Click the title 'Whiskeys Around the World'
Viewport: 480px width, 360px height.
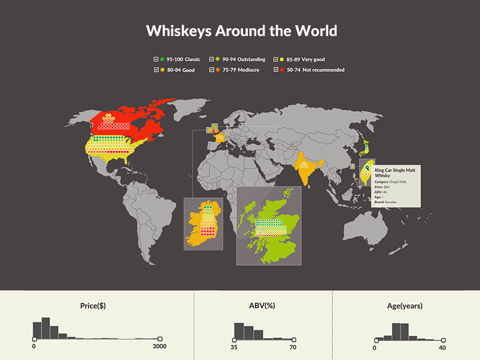242,31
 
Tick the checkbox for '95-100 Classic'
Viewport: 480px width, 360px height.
156,59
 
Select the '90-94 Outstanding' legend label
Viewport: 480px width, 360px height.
244,59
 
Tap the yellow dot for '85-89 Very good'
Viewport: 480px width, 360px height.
282,59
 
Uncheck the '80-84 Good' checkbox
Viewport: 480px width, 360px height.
156,70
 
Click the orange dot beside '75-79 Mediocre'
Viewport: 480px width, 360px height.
218,70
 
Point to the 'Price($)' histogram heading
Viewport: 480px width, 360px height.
93,306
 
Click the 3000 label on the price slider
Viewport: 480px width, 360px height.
159,347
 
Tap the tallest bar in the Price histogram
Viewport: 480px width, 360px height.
46,327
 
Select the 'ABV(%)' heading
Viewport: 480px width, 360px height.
262,306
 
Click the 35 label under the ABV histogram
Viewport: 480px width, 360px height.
235,347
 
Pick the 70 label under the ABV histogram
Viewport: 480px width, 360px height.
293,347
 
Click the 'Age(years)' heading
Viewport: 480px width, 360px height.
404,306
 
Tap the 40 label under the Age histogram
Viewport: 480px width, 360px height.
443,347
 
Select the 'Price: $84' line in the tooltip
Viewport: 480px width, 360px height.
383,187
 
